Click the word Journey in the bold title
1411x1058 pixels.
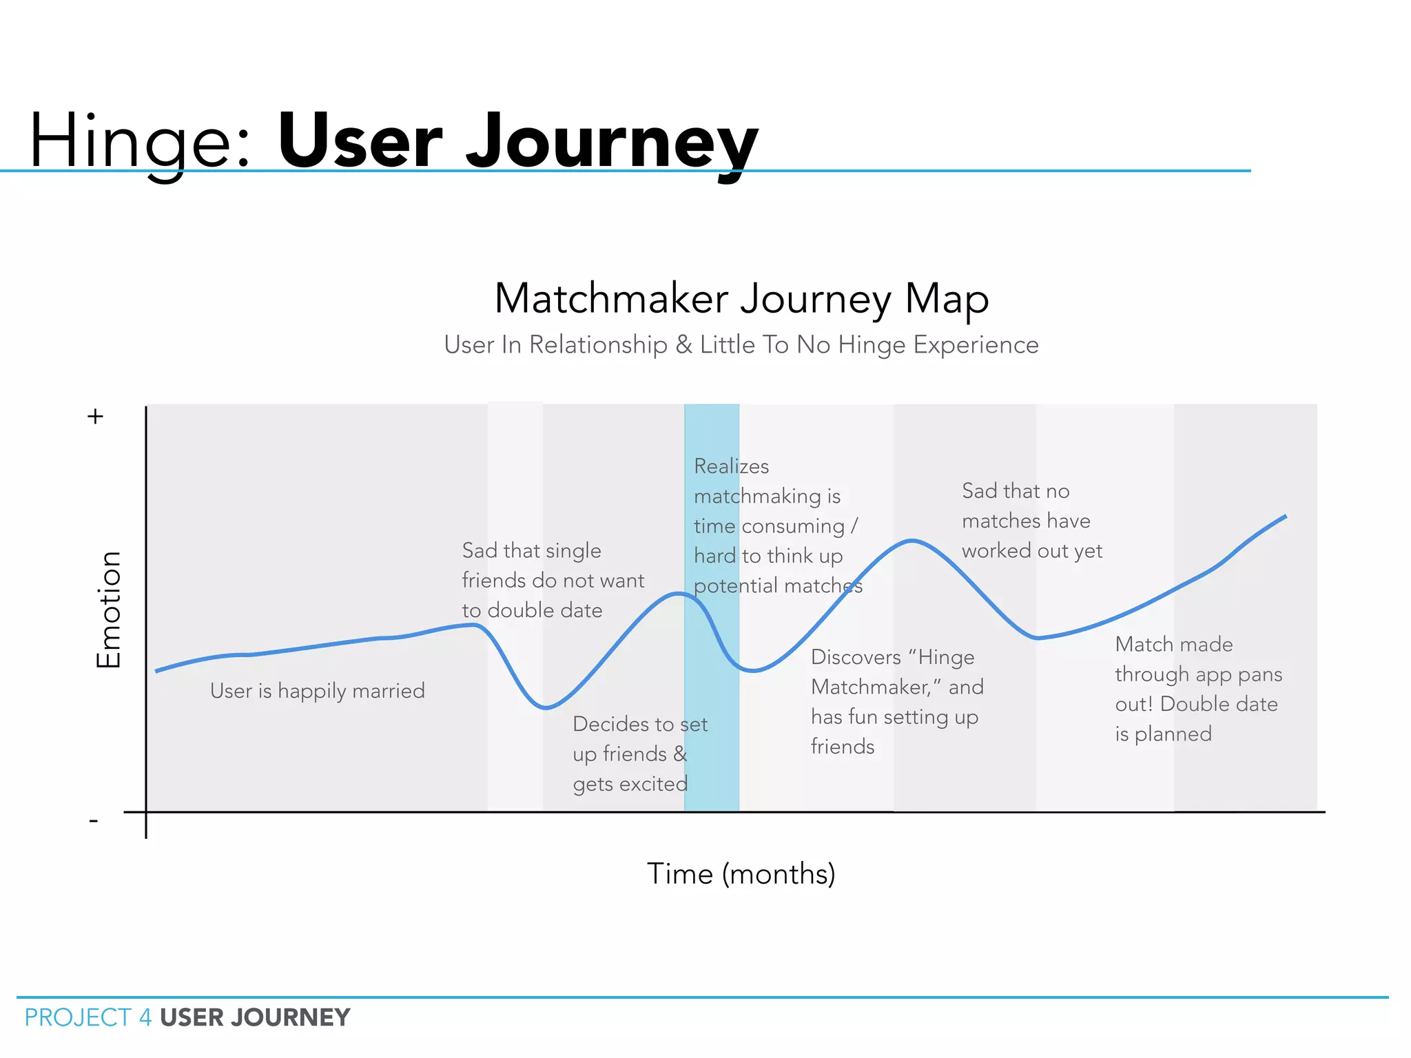pos(612,143)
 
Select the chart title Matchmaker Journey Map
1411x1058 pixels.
pos(741,298)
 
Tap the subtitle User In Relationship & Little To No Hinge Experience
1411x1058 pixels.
pos(741,344)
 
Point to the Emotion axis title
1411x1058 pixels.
pos(109,610)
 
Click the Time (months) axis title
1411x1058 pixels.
pos(741,873)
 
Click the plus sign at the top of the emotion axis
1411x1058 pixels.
pos(95,416)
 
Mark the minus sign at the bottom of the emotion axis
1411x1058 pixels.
pos(94,820)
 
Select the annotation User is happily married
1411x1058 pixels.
pos(317,690)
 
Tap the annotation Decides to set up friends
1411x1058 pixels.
pos(639,754)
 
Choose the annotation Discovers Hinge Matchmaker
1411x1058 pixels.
pos(896,701)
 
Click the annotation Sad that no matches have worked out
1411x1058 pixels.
pos(1031,521)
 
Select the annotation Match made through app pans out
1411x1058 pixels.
pos(1198,689)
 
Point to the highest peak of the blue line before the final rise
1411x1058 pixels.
pos(912,541)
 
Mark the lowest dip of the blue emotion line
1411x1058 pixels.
pos(546,707)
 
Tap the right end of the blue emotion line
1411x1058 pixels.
pos(1285,516)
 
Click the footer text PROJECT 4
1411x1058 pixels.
pos(88,1017)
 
